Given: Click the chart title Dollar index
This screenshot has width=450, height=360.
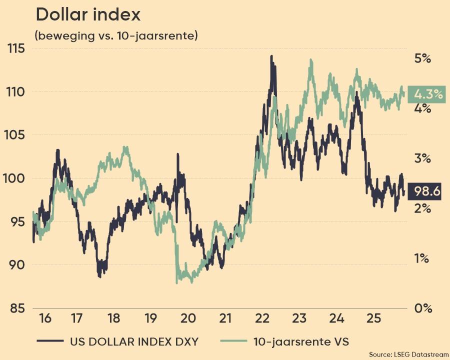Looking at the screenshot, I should tap(87, 15).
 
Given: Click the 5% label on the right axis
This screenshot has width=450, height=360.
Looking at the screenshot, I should tap(422, 58).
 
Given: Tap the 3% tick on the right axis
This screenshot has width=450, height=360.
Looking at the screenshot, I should tap(422, 158).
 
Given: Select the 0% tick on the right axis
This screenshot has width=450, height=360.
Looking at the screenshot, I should tap(422, 308).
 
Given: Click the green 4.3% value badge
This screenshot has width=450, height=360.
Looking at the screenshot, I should tap(426, 94).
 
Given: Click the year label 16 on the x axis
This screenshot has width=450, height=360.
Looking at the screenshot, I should tap(45, 318).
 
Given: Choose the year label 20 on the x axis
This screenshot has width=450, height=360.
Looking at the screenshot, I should tap(187, 318).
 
